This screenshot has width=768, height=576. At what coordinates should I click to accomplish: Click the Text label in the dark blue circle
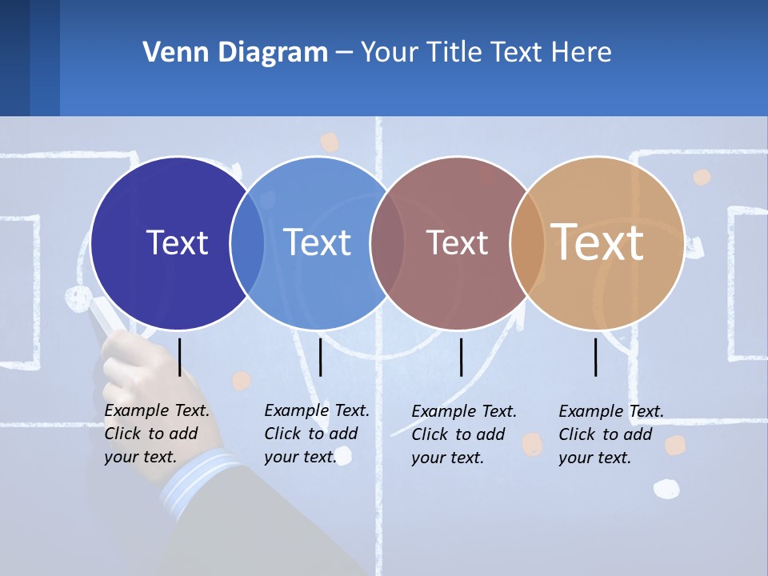[177, 242]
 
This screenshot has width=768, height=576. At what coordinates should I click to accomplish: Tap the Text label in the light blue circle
[317, 242]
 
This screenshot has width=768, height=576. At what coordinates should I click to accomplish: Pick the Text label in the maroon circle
[457, 243]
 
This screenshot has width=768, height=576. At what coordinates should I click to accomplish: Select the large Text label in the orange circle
[598, 242]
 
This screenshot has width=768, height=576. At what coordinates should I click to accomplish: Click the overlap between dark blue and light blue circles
[247, 243]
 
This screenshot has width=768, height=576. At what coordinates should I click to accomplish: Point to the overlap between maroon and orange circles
[526, 243]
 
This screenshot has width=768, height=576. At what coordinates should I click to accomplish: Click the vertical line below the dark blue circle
[180, 357]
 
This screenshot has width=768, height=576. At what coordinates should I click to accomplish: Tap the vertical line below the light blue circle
[320, 357]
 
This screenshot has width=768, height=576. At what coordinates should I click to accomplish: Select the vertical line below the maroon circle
[461, 357]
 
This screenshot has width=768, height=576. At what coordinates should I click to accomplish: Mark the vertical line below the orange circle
[596, 357]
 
